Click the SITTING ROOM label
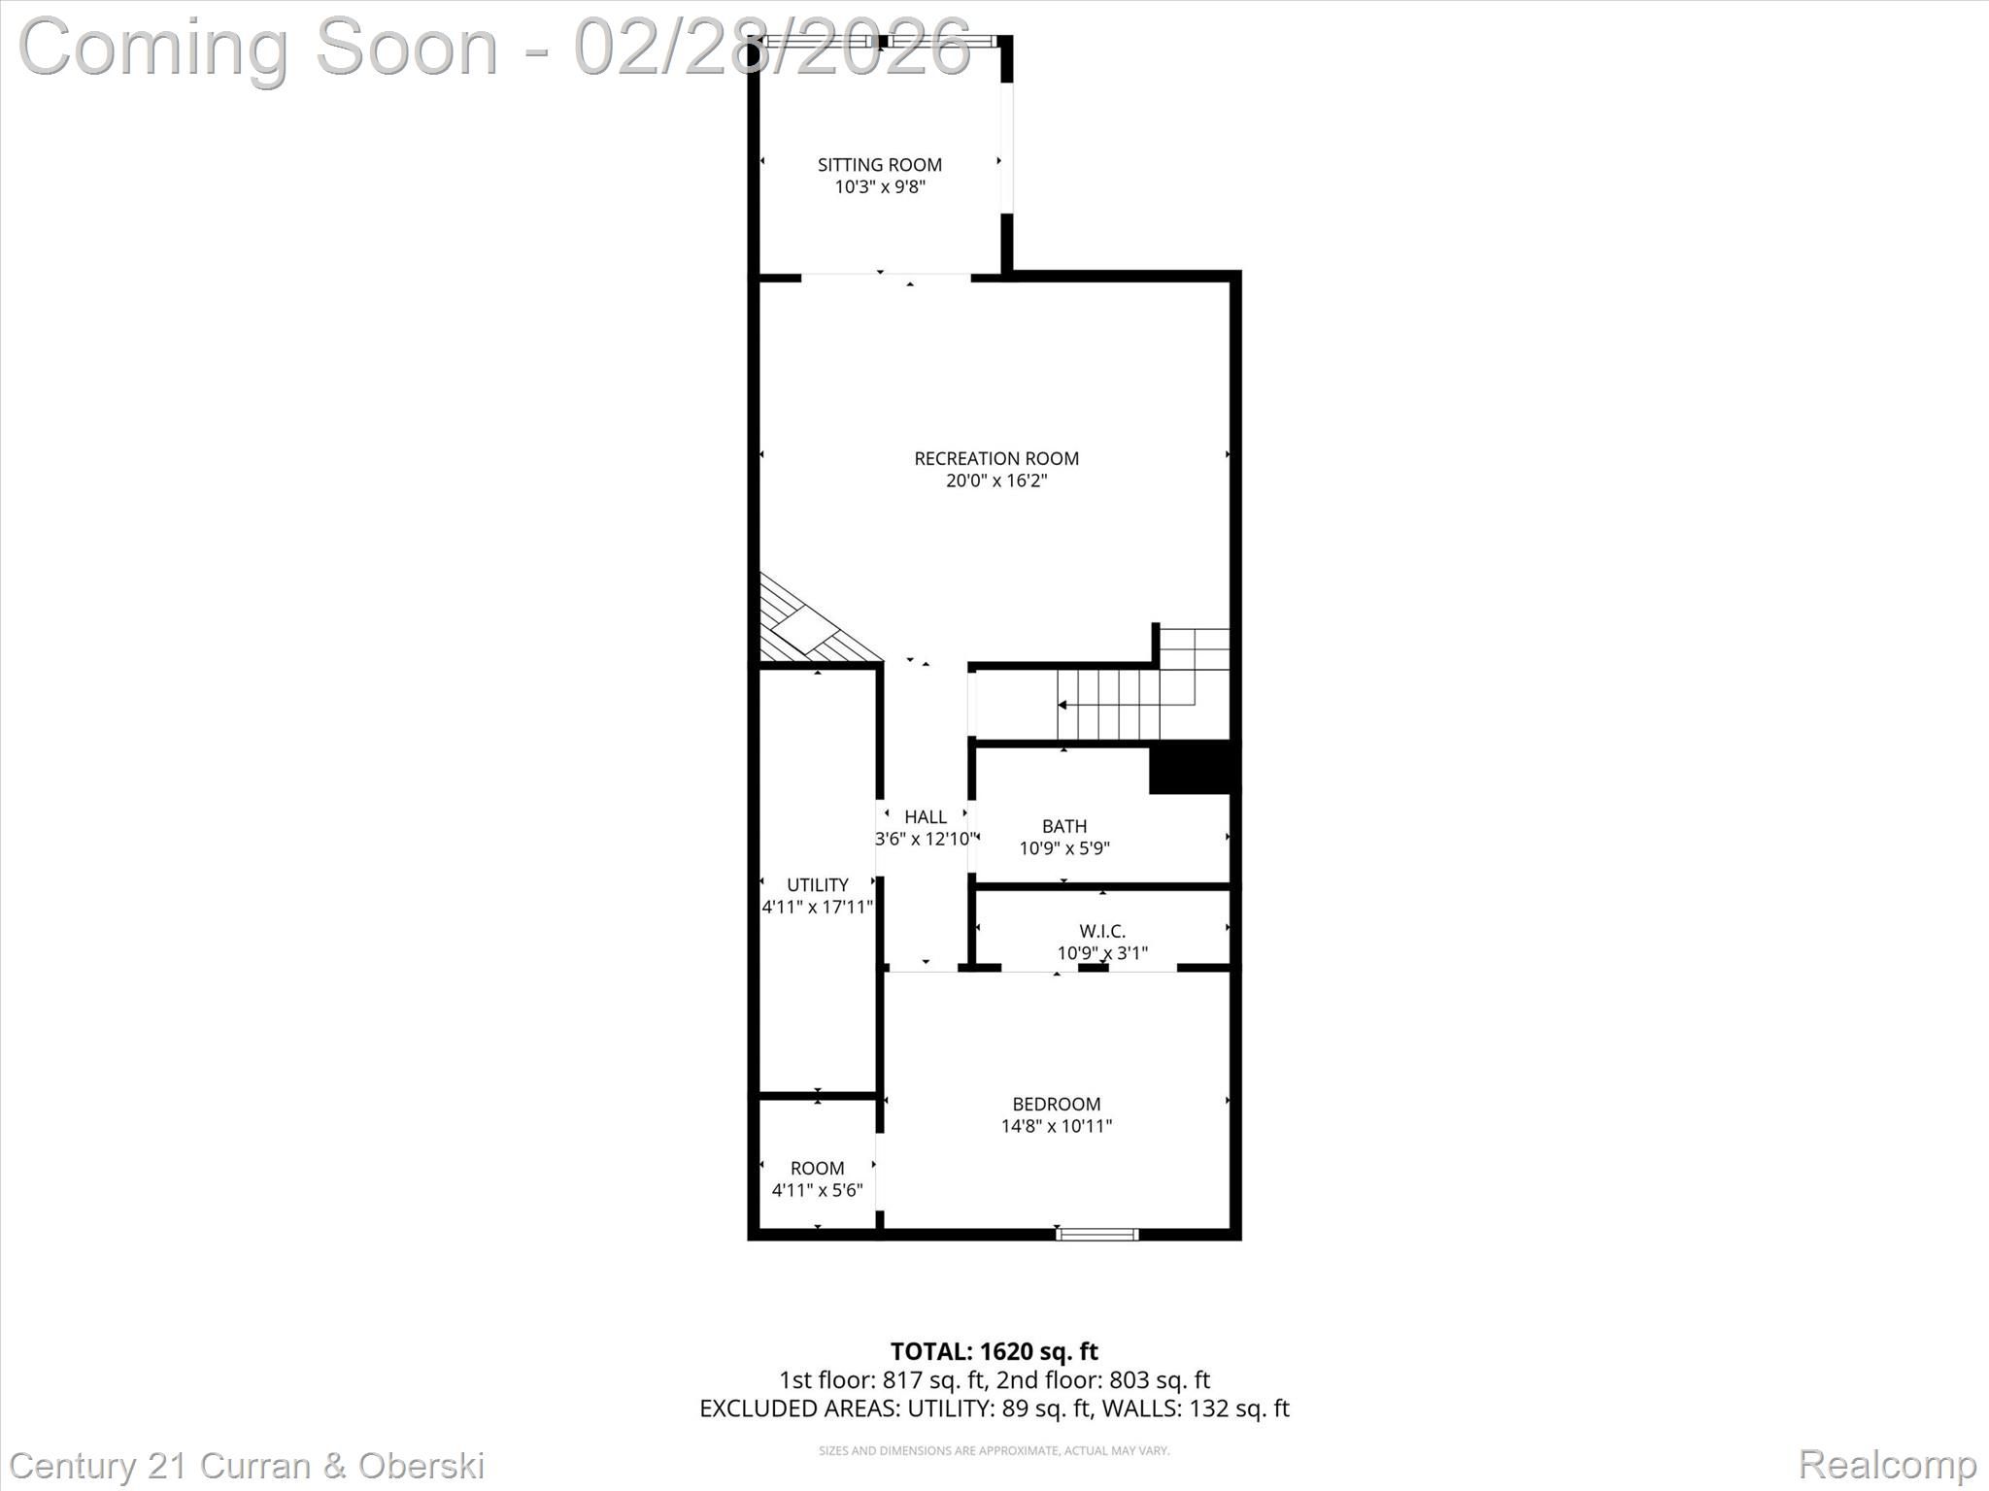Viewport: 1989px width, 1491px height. tap(879, 165)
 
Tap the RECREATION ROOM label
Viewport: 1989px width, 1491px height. tap(996, 458)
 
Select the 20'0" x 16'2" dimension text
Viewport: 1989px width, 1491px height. tap(996, 480)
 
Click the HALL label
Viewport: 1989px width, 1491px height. tap(925, 817)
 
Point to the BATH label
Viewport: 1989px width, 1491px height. tap(1064, 826)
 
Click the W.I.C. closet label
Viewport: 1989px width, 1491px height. tap(1102, 931)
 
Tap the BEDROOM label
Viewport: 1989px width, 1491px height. tap(1057, 1104)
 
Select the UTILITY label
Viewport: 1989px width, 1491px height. tap(818, 884)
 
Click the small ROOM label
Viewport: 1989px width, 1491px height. tap(817, 1168)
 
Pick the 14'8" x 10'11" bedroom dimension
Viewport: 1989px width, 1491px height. tap(1057, 1126)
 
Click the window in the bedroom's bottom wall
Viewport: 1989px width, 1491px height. tap(1097, 1234)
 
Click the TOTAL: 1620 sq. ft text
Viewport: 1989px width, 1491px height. tap(994, 1351)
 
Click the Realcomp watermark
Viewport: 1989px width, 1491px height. tap(1888, 1464)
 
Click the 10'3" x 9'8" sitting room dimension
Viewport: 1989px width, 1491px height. tap(880, 186)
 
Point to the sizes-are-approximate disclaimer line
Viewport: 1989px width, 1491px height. tap(994, 1451)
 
